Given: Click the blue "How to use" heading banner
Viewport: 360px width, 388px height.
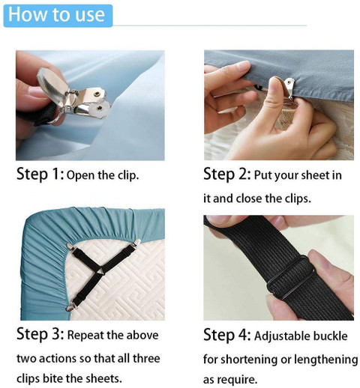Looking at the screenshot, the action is point(58,16).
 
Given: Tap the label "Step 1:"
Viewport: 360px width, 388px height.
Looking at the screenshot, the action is point(40,174).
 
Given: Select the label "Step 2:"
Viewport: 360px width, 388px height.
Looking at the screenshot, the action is point(226,174).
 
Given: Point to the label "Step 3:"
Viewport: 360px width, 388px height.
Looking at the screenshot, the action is point(40,334).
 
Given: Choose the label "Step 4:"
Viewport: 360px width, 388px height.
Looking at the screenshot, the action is point(226,335).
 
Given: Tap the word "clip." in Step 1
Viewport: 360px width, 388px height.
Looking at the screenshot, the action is point(128,175).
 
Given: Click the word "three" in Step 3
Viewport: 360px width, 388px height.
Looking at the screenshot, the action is point(146,359).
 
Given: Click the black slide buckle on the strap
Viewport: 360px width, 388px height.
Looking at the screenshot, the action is point(290,276).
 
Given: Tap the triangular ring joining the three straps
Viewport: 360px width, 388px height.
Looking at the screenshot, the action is point(101,271).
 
